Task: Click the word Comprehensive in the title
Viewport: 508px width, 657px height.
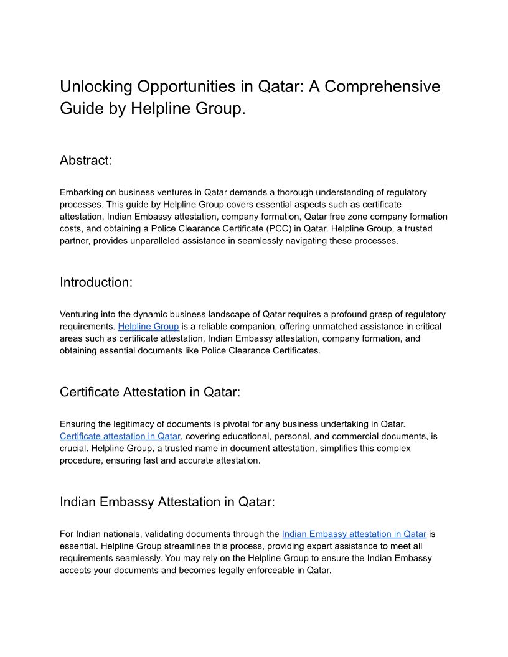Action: coord(382,86)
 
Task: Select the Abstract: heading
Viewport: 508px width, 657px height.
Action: coord(86,160)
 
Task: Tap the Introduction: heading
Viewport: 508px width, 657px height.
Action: coord(96,282)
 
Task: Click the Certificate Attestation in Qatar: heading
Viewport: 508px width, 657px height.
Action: coord(149,392)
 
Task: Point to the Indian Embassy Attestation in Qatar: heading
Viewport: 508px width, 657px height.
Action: coord(167,501)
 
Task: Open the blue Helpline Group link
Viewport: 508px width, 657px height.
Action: coord(148,327)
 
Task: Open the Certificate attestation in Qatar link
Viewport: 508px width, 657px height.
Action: coord(120,436)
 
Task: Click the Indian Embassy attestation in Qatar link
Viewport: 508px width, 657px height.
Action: coord(354,534)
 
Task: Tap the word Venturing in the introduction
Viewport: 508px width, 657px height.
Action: coord(80,314)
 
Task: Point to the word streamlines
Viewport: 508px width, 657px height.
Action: coord(176,546)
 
